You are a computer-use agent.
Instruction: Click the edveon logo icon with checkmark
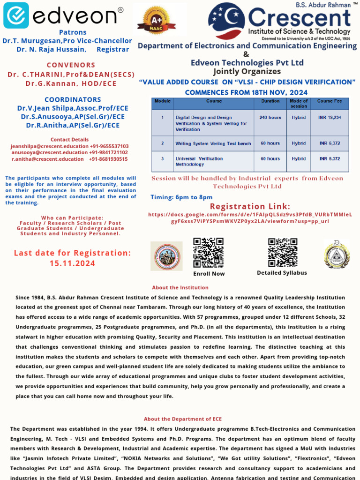pyautogui.click(x=16, y=15)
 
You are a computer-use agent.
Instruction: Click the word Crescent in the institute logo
pyautogui.click(x=300, y=18)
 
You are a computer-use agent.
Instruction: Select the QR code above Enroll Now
pyautogui.click(x=209, y=253)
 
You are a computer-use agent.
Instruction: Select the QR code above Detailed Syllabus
pyautogui.click(x=283, y=253)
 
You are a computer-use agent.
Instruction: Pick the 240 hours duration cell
pyautogui.click(x=270, y=117)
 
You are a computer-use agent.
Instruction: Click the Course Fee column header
pyautogui.click(x=330, y=101)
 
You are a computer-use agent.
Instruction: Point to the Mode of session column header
pyautogui.click(x=299, y=104)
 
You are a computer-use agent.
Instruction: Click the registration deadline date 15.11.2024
pyautogui.click(x=72, y=263)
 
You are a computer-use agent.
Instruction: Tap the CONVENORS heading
pyautogui.click(x=71, y=65)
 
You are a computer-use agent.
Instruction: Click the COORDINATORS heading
pyautogui.click(x=73, y=99)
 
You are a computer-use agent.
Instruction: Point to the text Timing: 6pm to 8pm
pyautogui.click(x=181, y=197)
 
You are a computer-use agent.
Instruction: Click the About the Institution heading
pyautogui.click(x=180, y=287)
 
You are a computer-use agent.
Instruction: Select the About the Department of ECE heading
pyautogui.click(x=183, y=419)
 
